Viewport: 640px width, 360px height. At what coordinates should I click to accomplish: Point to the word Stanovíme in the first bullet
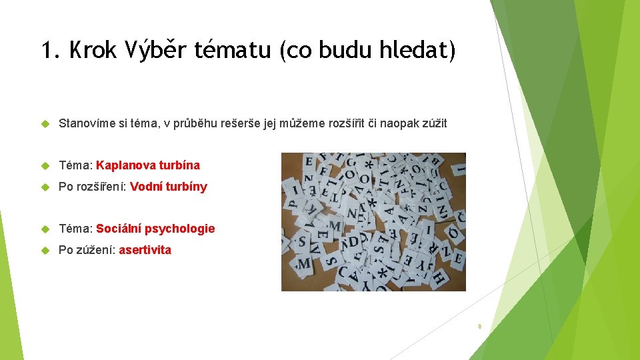tap(85, 123)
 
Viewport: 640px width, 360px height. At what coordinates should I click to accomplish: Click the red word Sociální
tap(119, 229)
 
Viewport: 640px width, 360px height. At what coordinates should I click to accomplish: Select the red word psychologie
tap(179, 229)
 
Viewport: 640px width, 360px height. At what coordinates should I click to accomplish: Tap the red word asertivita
tap(145, 250)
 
